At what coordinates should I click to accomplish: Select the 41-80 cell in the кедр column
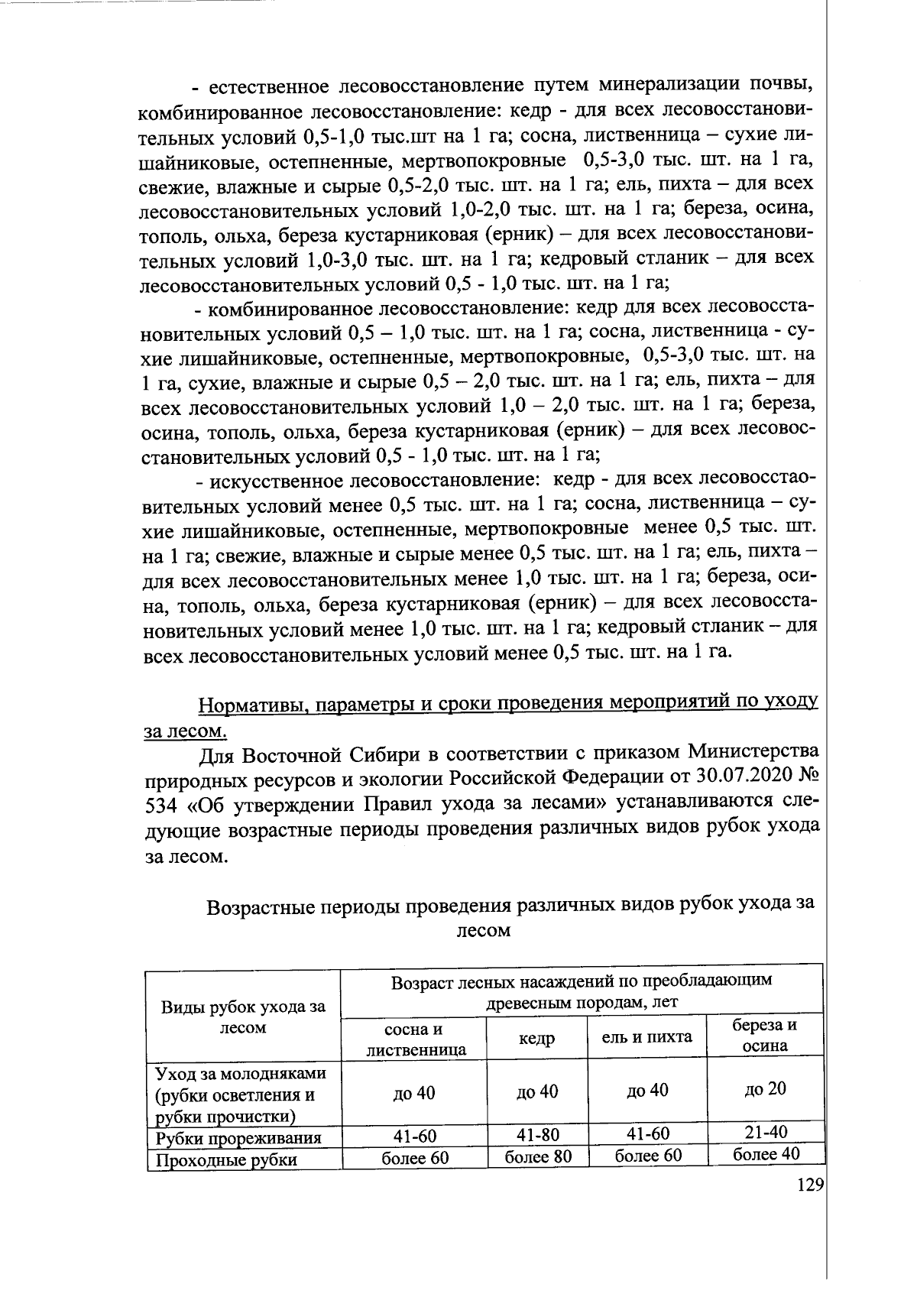[x=538, y=1133]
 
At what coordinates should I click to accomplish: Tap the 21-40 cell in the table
[x=765, y=1132]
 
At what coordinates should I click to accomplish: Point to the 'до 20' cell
[x=765, y=1088]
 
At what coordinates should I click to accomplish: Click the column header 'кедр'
[x=537, y=1039]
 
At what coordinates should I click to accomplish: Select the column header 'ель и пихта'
[x=647, y=1037]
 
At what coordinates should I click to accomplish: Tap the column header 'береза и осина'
[x=765, y=1036]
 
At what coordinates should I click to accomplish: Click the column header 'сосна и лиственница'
[x=415, y=1039]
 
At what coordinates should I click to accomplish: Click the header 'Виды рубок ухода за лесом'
[x=243, y=1017]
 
